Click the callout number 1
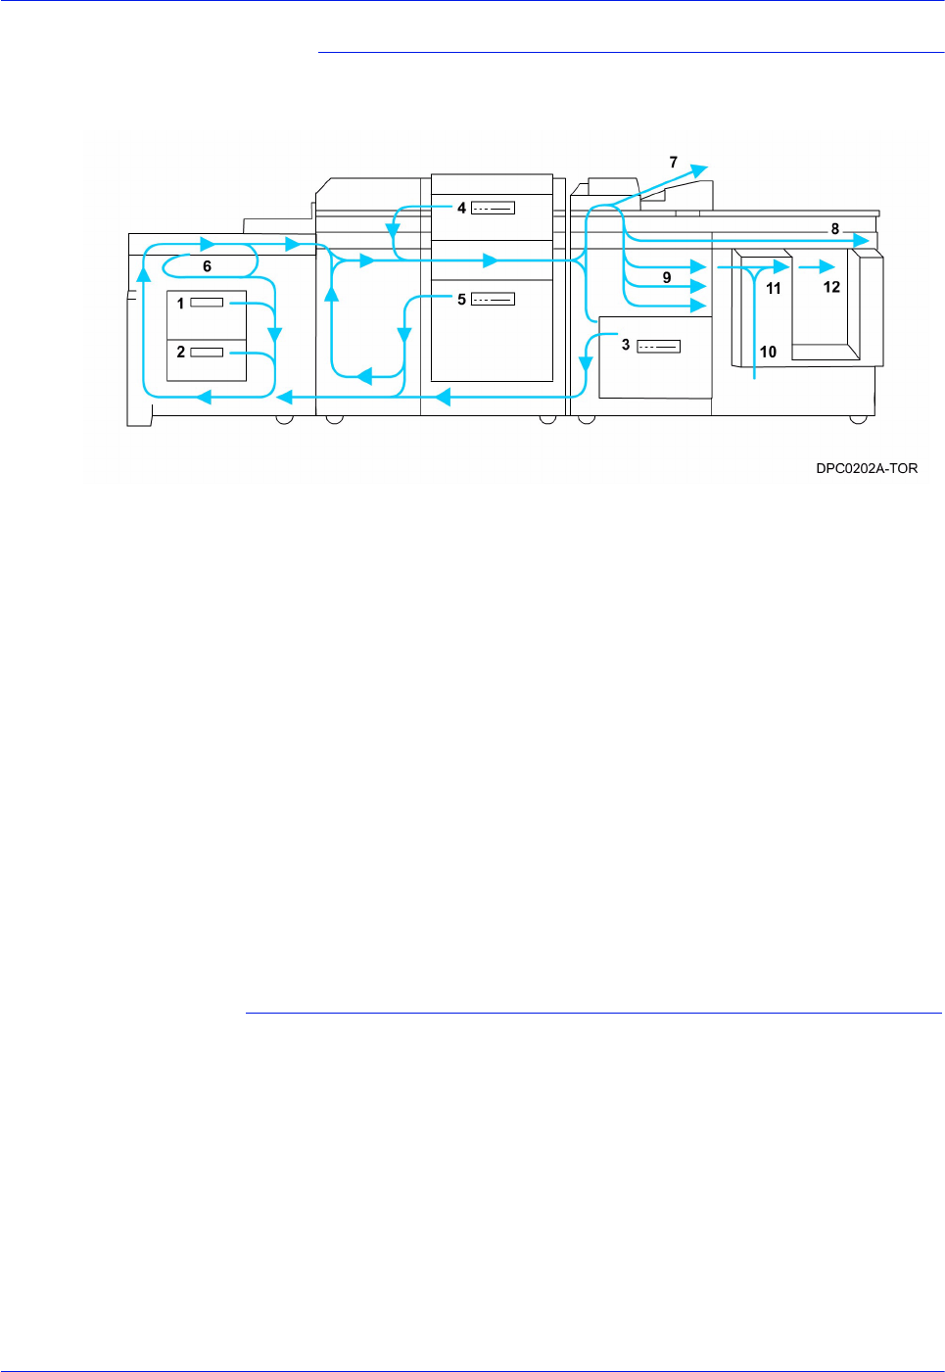pyautogui.click(x=180, y=304)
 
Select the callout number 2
pyautogui.click(x=180, y=352)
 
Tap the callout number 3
pyautogui.click(x=626, y=345)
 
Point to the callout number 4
pyautogui.click(x=461, y=208)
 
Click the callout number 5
pyautogui.click(x=461, y=300)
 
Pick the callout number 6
pyautogui.click(x=207, y=266)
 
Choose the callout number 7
pyautogui.click(x=673, y=163)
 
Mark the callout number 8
pyautogui.click(x=834, y=229)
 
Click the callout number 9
pyautogui.click(x=667, y=278)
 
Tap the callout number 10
pyautogui.click(x=768, y=352)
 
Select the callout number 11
pyautogui.click(x=774, y=288)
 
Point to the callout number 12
pyautogui.click(x=831, y=287)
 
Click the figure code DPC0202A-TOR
pyautogui.click(x=867, y=468)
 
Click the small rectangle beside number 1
pyautogui.click(x=207, y=303)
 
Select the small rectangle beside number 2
pyautogui.click(x=207, y=352)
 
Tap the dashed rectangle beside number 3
pyautogui.click(x=658, y=346)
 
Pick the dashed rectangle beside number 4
pyautogui.click(x=493, y=208)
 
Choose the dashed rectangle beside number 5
pyautogui.click(x=493, y=299)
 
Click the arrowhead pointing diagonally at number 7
pyautogui.click(x=697, y=170)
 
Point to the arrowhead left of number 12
pyautogui.click(x=827, y=266)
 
